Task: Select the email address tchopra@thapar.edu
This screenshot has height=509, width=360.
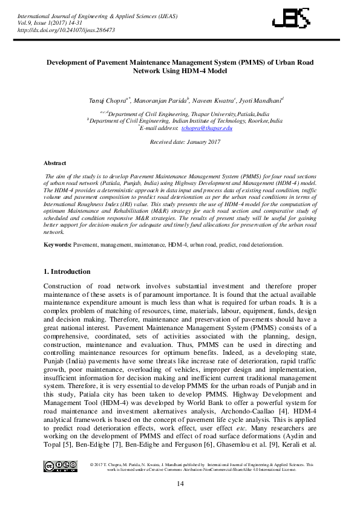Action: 207,128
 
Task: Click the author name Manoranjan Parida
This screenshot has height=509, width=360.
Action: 160,100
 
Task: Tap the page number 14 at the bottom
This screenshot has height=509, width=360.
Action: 180,484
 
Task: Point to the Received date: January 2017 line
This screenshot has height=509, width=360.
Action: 180,141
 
